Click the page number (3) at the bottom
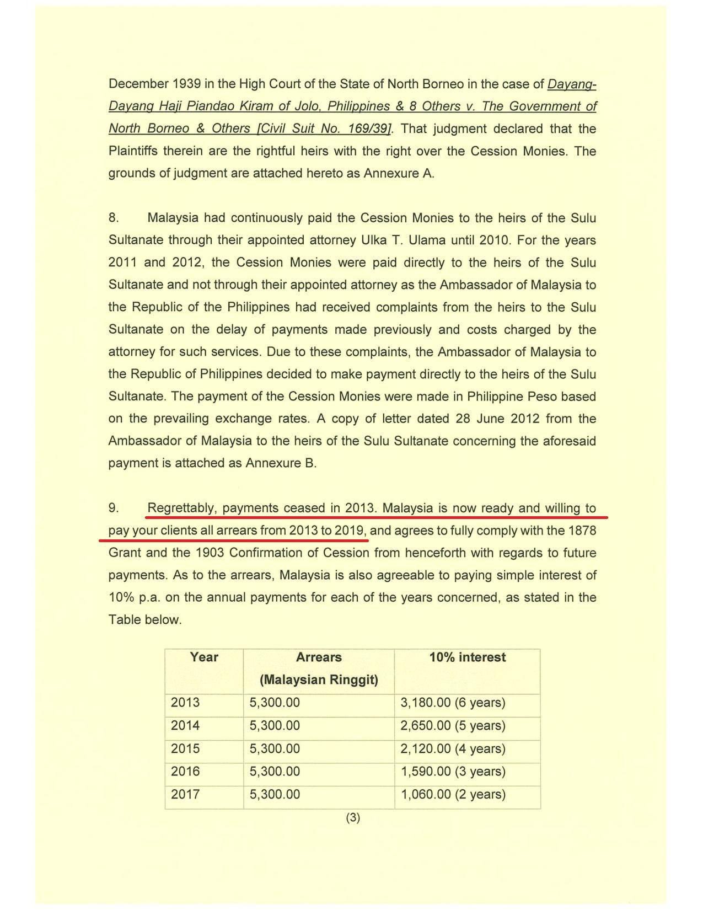click(x=353, y=817)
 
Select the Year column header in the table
click(x=204, y=657)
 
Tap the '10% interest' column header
click(x=467, y=657)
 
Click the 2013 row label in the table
click(x=185, y=703)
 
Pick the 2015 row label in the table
click(x=185, y=748)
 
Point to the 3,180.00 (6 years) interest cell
click(x=453, y=703)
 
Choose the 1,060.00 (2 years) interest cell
click(x=453, y=794)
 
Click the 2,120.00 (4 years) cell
click(x=453, y=748)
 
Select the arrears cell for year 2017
click(x=275, y=794)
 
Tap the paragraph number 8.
click(x=114, y=217)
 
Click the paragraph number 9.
click(x=114, y=508)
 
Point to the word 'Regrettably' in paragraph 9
click(x=181, y=508)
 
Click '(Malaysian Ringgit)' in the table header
click(x=319, y=679)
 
